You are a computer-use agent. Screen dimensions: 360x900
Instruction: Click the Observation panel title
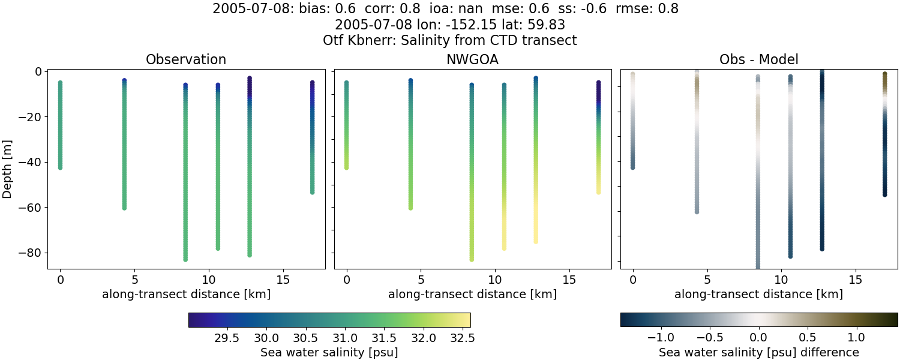(x=186, y=59)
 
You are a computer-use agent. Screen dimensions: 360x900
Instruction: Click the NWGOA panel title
(x=472, y=59)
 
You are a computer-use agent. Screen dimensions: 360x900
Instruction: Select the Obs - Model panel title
(x=758, y=59)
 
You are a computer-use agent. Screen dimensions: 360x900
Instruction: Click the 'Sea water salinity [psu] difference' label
(x=758, y=352)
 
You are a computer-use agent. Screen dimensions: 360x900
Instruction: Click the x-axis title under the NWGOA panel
(x=472, y=294)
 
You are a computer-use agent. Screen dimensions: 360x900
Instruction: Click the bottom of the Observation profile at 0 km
(x=60, y=167)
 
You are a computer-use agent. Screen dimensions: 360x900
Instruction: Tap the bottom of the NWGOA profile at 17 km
(x=598, y=192)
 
